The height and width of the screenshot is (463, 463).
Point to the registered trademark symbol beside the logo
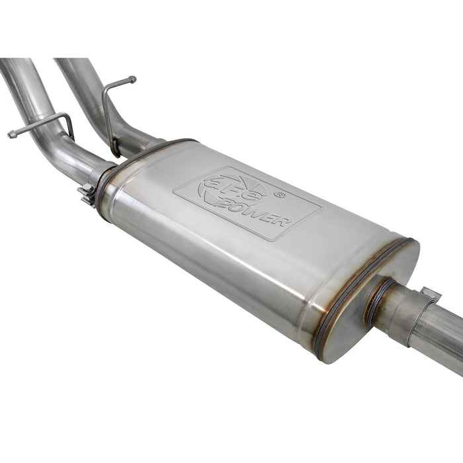coord(280,195)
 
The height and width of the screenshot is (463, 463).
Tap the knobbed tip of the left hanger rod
coord(11,135)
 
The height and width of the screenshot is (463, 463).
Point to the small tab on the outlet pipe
coord(430,292)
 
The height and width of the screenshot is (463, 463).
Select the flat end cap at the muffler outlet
coord(357,311)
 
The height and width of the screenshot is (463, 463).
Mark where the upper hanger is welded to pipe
coord(114,149)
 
